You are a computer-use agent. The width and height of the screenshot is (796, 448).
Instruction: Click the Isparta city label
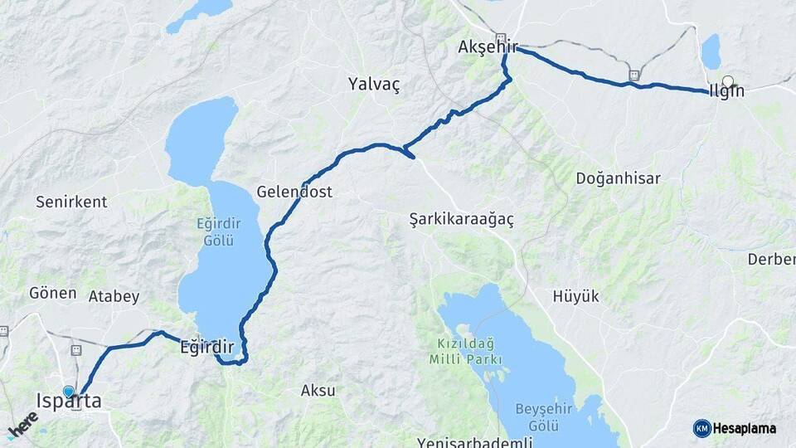pos(69,402)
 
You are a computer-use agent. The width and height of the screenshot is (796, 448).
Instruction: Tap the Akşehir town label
pos(487,47)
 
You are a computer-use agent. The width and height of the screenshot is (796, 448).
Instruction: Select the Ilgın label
pos(726,91)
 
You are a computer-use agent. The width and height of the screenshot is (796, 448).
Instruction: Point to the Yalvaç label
pos(374,84)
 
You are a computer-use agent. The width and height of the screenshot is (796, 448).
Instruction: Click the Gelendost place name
pos(294,192)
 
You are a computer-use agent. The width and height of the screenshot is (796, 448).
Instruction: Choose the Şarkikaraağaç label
pos(462,219)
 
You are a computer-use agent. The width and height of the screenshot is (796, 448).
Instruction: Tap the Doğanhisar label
pos(618,178)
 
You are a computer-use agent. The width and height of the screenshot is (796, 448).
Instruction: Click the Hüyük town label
pos(575,296)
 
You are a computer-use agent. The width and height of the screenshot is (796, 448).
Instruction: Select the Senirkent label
pos(71,202)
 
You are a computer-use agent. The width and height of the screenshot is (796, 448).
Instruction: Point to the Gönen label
pos(52,293)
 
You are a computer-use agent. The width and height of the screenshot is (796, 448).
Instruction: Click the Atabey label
pos(114,296)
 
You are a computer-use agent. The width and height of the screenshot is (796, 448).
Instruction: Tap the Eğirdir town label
pos(207,348)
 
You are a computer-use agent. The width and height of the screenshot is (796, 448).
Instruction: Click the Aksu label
pos(318,390)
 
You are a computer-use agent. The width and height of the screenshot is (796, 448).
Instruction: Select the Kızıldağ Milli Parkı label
pos(466,352)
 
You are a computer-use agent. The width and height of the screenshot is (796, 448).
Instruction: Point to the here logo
pos(23,424)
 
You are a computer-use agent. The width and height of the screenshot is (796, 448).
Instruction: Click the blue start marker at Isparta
pos(69,391)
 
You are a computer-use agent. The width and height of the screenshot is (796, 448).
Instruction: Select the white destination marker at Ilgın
pos(728,81)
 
